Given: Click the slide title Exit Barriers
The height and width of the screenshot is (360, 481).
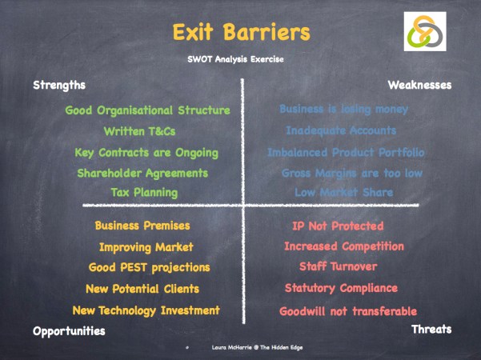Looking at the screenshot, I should pos(240,32).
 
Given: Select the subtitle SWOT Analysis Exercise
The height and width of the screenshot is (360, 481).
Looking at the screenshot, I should pos(240,58).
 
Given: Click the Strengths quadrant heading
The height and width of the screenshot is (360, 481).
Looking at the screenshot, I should pos(58,85).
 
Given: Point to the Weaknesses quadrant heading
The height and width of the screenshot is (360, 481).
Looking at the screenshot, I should pos(419,85).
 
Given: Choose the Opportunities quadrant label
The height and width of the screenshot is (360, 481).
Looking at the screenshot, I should pos(69,330).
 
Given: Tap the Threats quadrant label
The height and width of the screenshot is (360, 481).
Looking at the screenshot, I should pos(431,329).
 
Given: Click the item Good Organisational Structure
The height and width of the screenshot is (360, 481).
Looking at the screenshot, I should pos(147,110).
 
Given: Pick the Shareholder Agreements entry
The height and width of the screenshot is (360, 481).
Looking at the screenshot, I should pos(142,173).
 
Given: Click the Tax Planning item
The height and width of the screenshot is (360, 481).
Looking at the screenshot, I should pos(144,192).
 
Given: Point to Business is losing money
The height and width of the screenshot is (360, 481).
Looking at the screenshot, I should pos(343,109).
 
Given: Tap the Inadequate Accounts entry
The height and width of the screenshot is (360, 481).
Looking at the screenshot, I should pos(341,130).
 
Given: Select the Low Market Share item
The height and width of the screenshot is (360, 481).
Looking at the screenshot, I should pos(343,193).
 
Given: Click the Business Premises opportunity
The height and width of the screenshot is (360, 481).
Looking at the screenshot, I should pos(142,226).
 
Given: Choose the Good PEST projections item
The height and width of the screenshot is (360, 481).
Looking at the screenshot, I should pos(149,267).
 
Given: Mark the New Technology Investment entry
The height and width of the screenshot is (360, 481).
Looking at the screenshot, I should pos(146,310).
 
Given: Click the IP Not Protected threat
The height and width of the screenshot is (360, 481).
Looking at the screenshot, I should pos(338,226).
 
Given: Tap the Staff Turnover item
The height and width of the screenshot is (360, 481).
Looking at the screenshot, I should pos(338,266).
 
